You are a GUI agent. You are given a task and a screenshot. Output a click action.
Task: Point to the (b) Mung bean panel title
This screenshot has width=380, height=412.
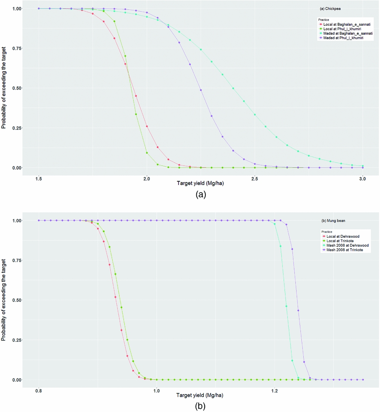(x=333, y=221)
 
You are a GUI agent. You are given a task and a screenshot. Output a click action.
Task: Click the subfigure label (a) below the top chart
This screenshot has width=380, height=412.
(x=200, y=194)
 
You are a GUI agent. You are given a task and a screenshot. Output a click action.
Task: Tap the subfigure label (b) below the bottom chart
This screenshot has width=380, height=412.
(x=200, y=406)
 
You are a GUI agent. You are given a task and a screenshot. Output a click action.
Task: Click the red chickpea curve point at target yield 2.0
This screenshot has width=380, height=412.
(x=147, y=126)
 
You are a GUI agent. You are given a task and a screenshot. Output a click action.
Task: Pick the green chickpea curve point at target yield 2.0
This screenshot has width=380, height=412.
(x=147, y=153)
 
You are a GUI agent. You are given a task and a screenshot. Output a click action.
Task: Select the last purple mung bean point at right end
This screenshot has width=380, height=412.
(x=363, y=380)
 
